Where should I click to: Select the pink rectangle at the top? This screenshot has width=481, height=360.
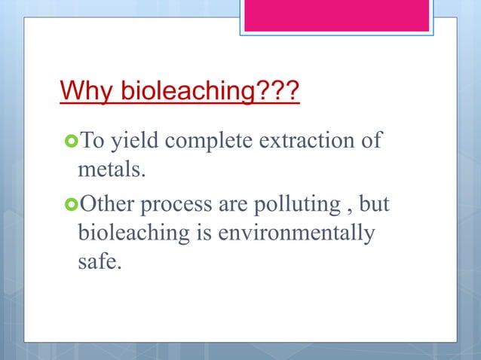tap(335, 14)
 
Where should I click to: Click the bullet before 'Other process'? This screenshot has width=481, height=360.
tap(70, 203)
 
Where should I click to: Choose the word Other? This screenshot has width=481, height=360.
tap(106, 203)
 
